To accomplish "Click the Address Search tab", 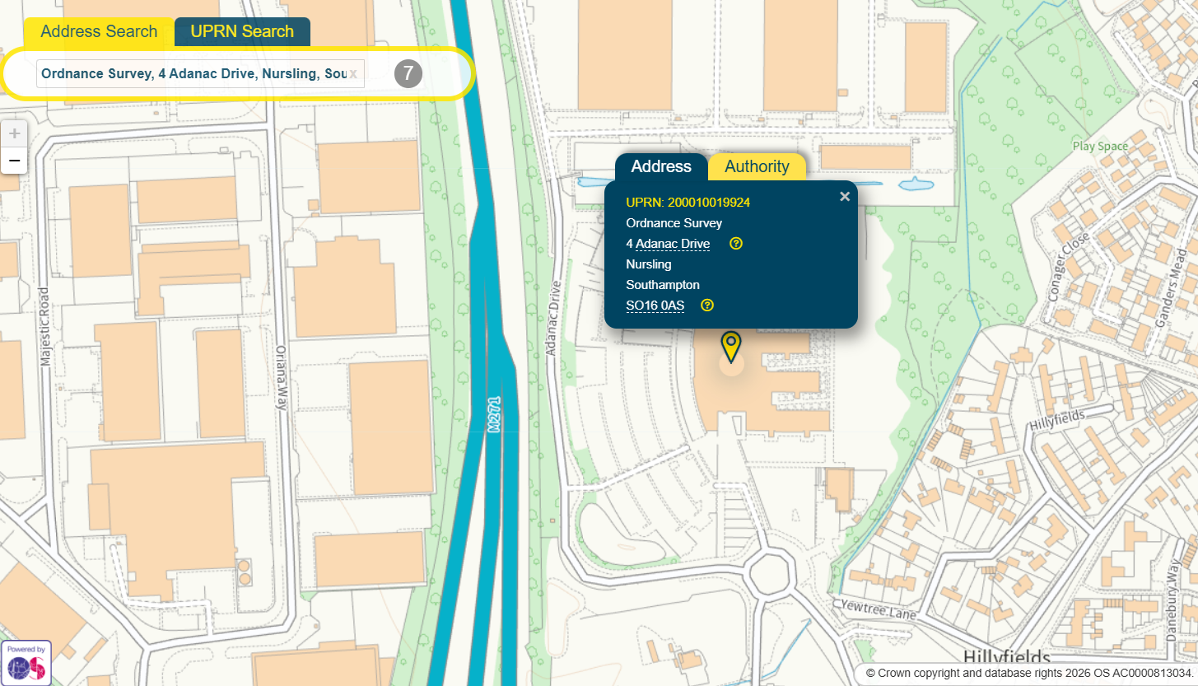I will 99,32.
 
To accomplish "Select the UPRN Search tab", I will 242,32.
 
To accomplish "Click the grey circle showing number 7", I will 408,73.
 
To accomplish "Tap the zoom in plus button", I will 14,133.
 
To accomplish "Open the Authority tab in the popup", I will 757,166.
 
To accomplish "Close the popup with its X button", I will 844,196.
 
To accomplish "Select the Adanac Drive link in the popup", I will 673,244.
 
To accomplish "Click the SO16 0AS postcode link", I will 655,306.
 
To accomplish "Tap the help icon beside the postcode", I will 707,306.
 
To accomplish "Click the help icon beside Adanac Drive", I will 736,244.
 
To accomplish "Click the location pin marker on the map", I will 730,347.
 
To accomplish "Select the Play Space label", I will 1100,147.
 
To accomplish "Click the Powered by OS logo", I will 26,662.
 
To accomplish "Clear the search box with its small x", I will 353,74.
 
